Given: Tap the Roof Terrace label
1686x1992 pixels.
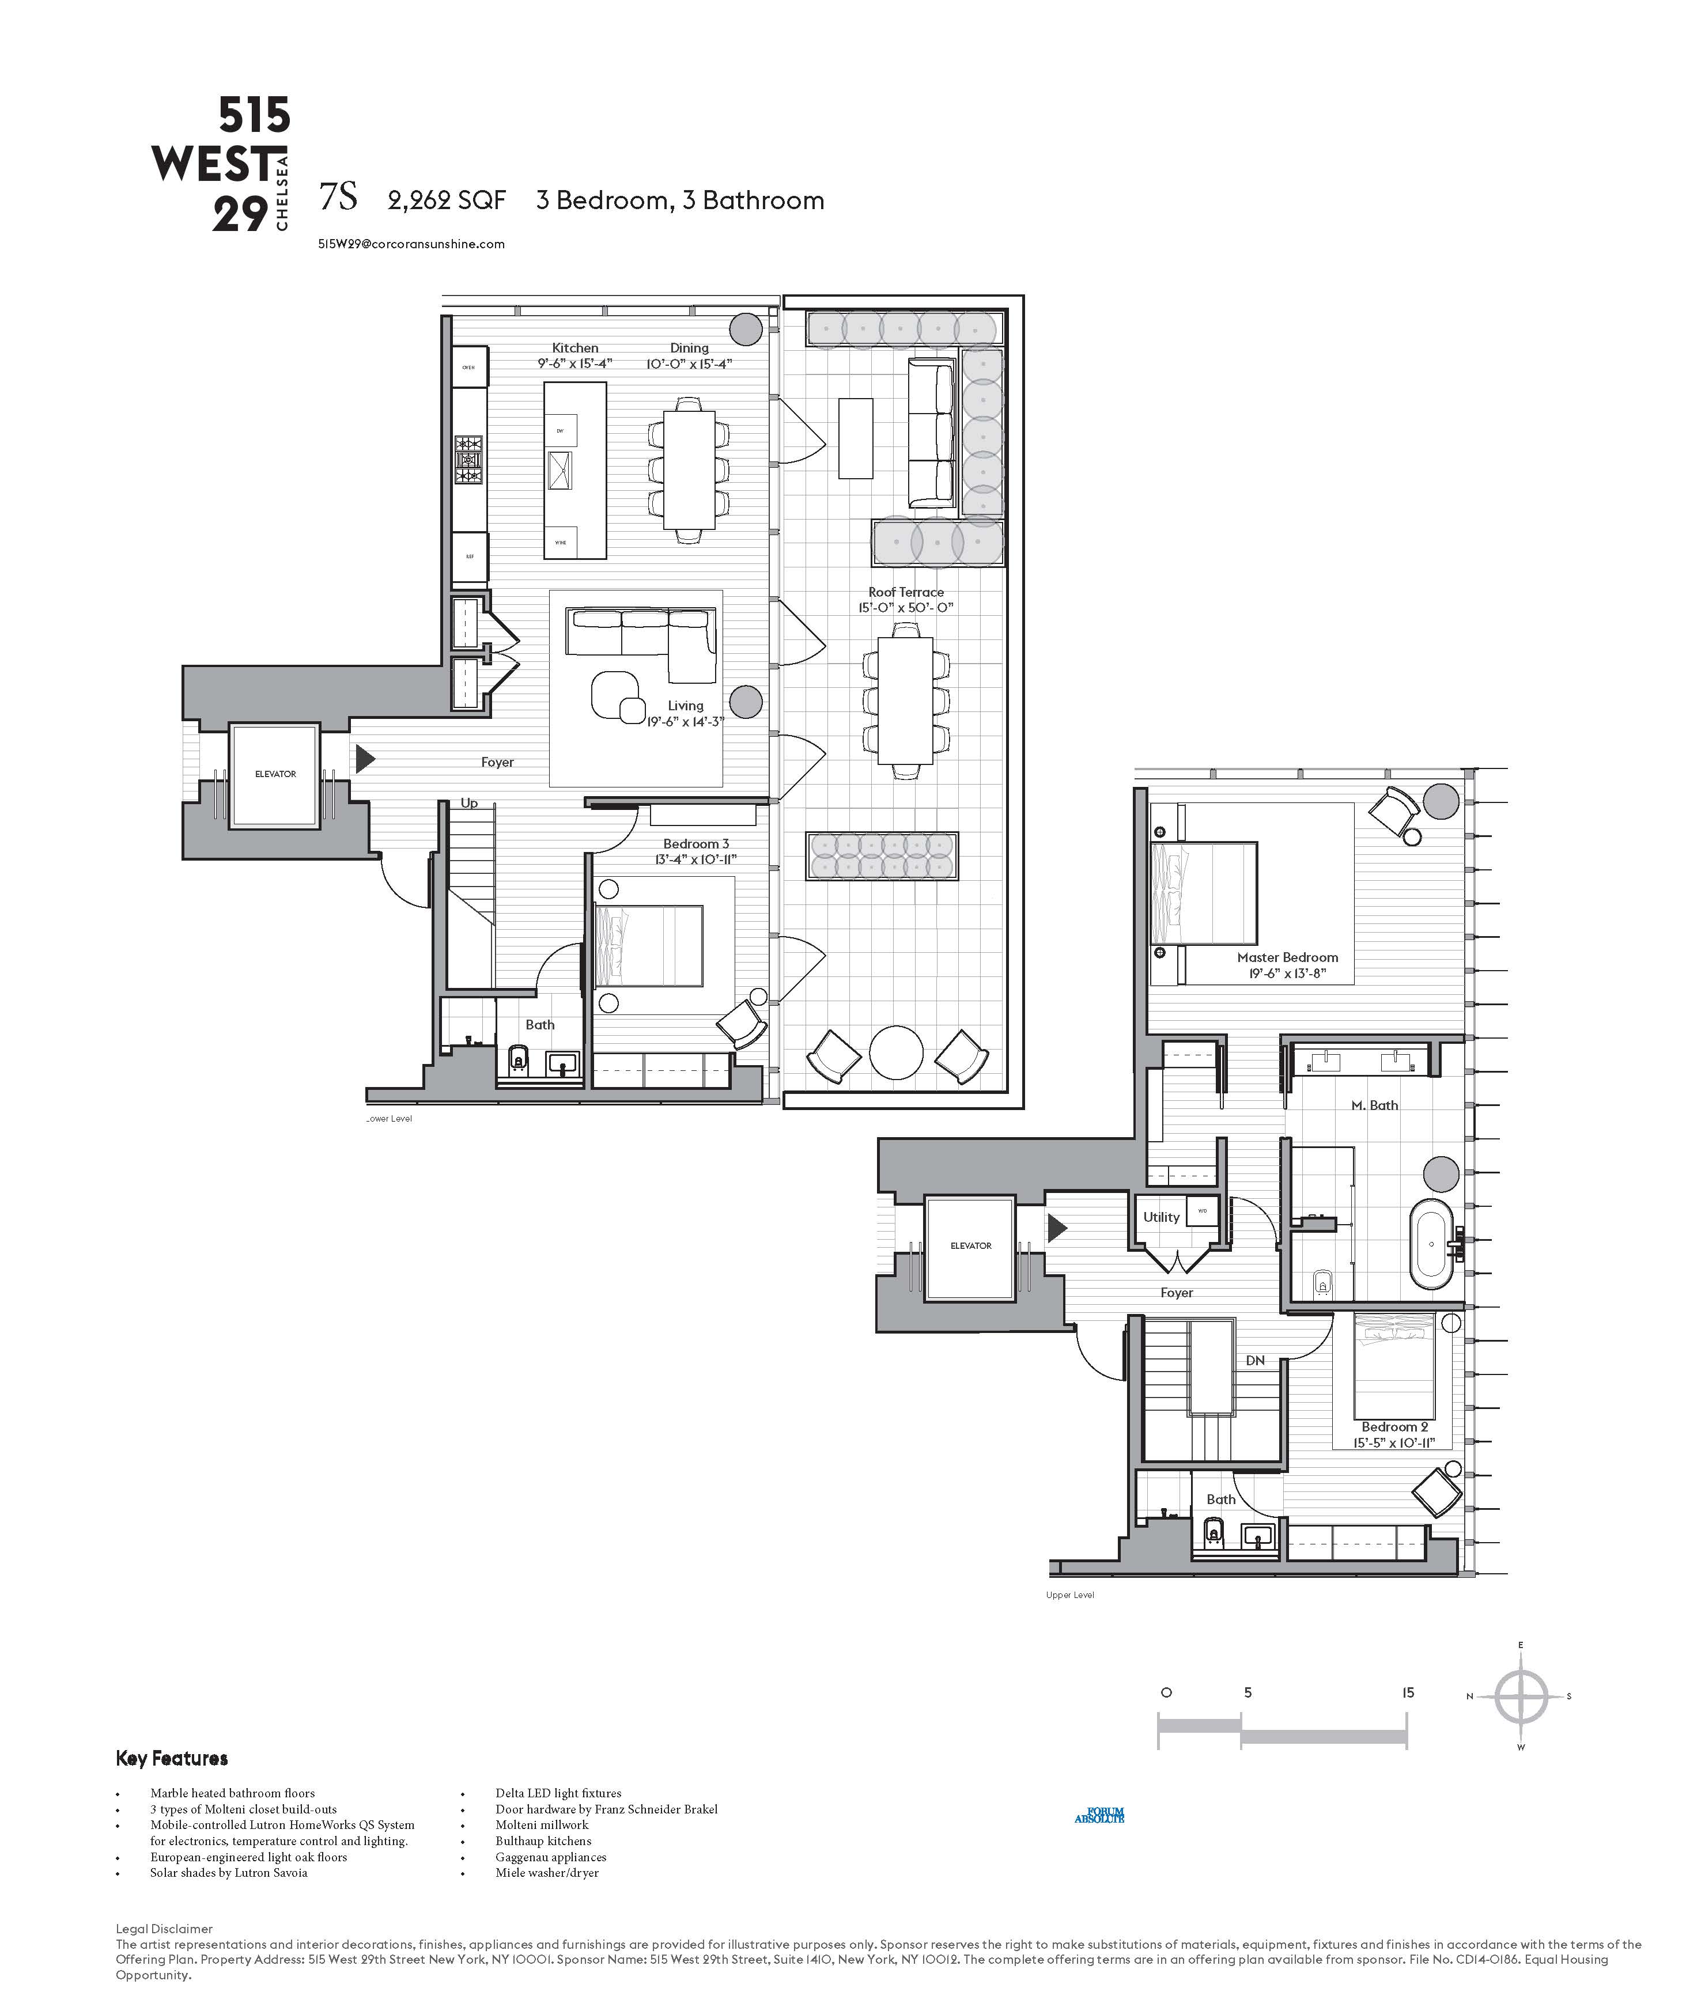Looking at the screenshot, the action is (x=905, y=592).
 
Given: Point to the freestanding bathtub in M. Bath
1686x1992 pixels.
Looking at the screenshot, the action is (x=1432, y=1244).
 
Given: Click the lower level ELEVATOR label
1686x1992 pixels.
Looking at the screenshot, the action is (x=275, y=774).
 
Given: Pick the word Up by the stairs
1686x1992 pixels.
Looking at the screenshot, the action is (x=469, y=802).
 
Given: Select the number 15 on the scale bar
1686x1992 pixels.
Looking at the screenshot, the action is (x=1407, y=1692).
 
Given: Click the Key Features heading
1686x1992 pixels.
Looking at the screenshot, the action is (x=172, y=1758).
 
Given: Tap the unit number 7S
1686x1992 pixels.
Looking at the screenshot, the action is (x=338, y=197).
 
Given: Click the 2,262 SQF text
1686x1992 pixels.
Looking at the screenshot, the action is (x=447, y=200).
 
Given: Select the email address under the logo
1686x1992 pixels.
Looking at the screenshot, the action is (x=411, y=244).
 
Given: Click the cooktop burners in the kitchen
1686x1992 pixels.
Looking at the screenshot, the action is (x=468, y=460).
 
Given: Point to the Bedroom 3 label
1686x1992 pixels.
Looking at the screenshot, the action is (x=696, y=843).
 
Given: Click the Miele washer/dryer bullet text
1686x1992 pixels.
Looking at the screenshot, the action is (x=547, y=1873).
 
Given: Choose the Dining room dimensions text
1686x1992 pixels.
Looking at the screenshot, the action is (x=689, y=363).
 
